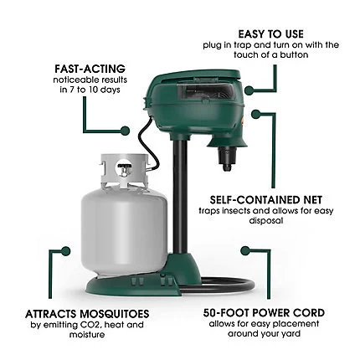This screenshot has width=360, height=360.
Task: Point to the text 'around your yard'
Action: coord(263,336)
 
